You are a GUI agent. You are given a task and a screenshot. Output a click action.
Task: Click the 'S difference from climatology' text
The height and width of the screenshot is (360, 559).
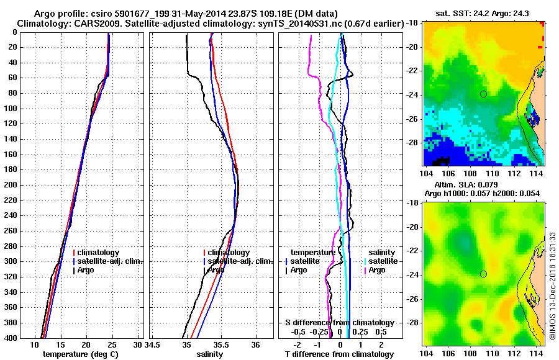point(339,323)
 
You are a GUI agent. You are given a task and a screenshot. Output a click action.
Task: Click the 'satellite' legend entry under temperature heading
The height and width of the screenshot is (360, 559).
point(305,261)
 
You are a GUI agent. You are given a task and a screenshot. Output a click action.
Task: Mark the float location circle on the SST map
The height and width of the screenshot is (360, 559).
point(483,94)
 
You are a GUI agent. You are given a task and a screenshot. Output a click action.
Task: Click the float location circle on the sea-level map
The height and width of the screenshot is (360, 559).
point(483,274)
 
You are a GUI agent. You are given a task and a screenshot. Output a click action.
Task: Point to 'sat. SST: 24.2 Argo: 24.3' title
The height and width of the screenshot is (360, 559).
point(484,12)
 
